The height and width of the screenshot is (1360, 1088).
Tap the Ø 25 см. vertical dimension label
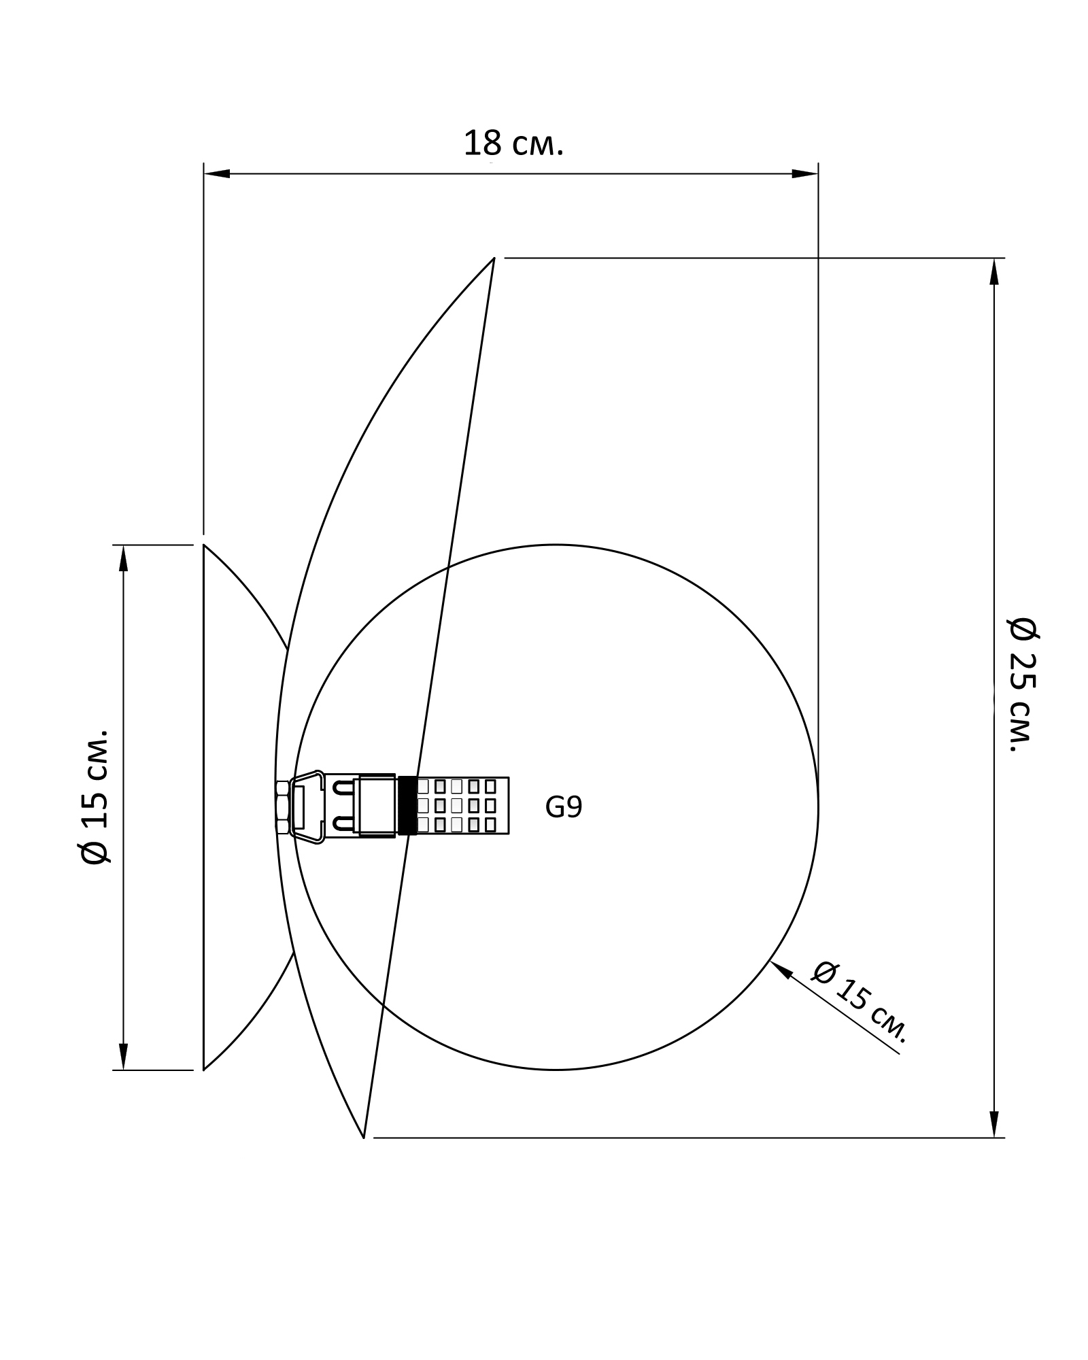tap(1023, 684)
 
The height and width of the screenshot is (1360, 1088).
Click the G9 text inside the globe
tap(564, 807)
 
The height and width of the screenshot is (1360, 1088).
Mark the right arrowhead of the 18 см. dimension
tap(805, 174)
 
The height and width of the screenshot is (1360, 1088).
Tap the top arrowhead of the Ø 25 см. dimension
tap(994, 271)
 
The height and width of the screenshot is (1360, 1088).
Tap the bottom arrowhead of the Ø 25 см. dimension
tap(994, 1124)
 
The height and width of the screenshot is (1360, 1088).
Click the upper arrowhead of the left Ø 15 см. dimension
tap(123, 558)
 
